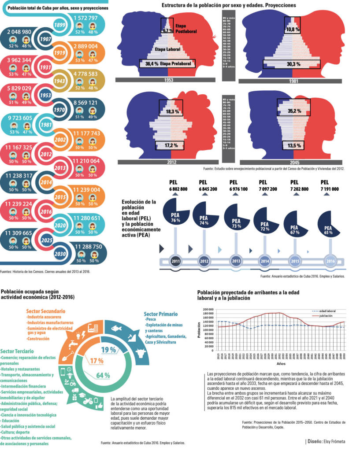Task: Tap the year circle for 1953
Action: click(x=57, y=96)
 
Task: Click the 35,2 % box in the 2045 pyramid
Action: click(x=295, y=107)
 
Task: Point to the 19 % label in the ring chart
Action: click(x=108, y=350)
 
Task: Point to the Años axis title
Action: click(x=281, y=364)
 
